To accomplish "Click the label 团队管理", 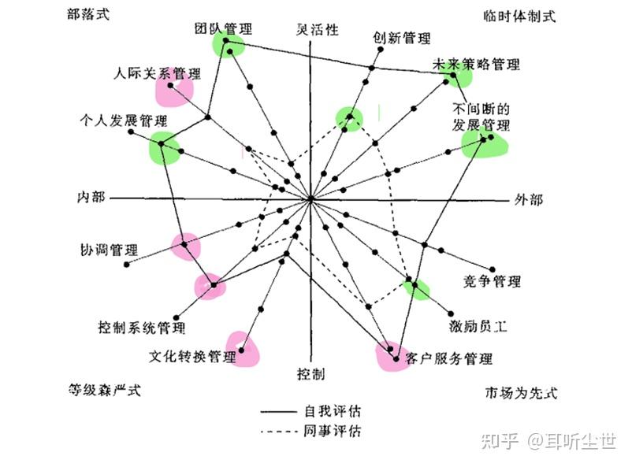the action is (224, 28).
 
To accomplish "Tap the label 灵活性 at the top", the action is (317, 29).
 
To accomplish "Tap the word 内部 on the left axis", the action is (91, 197).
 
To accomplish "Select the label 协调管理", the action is (109, 249).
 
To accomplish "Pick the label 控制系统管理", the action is (141, 326).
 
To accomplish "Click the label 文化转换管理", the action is (192, 357).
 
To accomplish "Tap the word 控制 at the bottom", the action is (310, 372).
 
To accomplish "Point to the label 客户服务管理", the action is (449, 359).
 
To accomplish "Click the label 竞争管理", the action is (492, 282).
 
